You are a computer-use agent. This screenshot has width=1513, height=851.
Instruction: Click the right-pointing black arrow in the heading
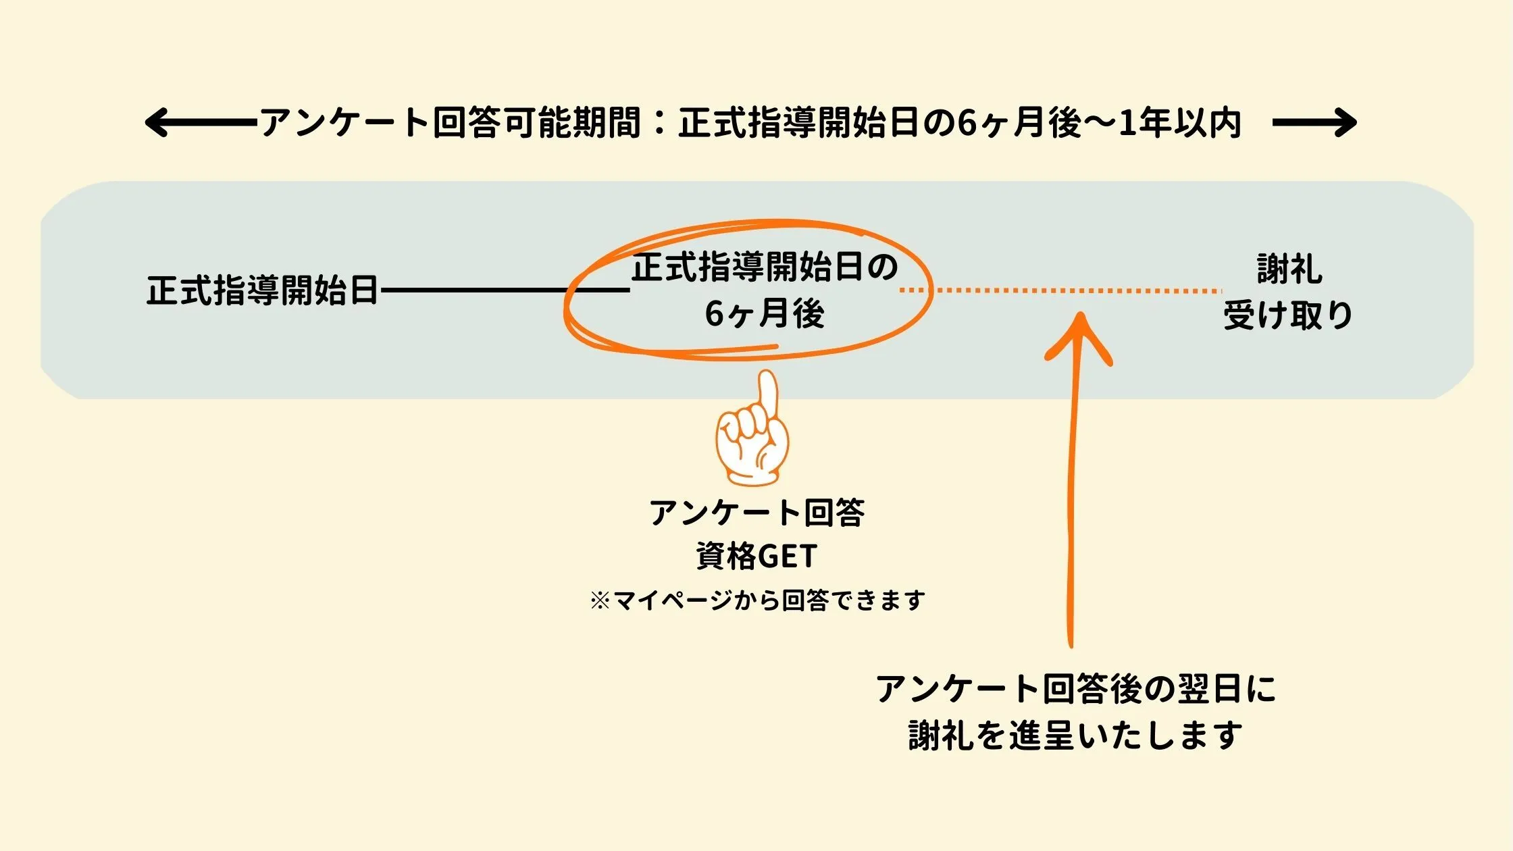click(1314, 123)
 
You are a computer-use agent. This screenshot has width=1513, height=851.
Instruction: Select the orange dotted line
click(1060, 290)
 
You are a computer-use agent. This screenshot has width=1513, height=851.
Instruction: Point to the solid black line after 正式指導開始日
click(505, 290)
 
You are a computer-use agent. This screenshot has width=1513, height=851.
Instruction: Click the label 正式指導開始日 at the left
click(262, 290)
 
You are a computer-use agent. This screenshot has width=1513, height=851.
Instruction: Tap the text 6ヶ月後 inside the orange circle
click(765, 313)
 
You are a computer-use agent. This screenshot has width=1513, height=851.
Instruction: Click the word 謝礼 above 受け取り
click(1289, 269)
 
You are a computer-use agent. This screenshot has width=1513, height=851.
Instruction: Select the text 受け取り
click(1289, 315)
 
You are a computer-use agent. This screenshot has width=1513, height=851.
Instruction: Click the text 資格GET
click(756, 557)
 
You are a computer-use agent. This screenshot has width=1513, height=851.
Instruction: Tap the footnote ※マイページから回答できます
click(756, 600)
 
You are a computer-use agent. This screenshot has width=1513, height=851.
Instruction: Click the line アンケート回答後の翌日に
click(1075, 689)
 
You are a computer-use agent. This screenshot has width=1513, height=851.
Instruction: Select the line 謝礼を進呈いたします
click(1075, 735)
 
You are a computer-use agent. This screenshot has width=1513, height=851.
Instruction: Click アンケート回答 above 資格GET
click(756, 513)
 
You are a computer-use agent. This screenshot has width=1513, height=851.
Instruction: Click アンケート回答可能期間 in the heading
click(450, 123)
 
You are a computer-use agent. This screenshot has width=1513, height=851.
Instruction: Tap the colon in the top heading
click(660, 123)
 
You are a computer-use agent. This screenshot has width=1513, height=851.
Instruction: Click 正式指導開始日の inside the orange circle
click(765, 267)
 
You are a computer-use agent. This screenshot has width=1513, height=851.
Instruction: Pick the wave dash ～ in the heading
click(1100, 123)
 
